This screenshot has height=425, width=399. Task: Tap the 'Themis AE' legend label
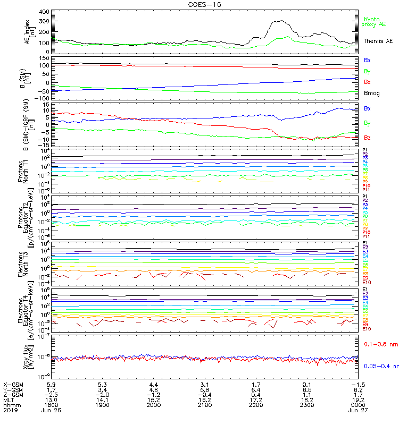(x=378, y=41)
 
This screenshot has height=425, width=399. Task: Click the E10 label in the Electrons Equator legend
(x=367, y=329)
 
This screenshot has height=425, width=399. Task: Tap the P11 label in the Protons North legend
(x=366, y=190)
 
